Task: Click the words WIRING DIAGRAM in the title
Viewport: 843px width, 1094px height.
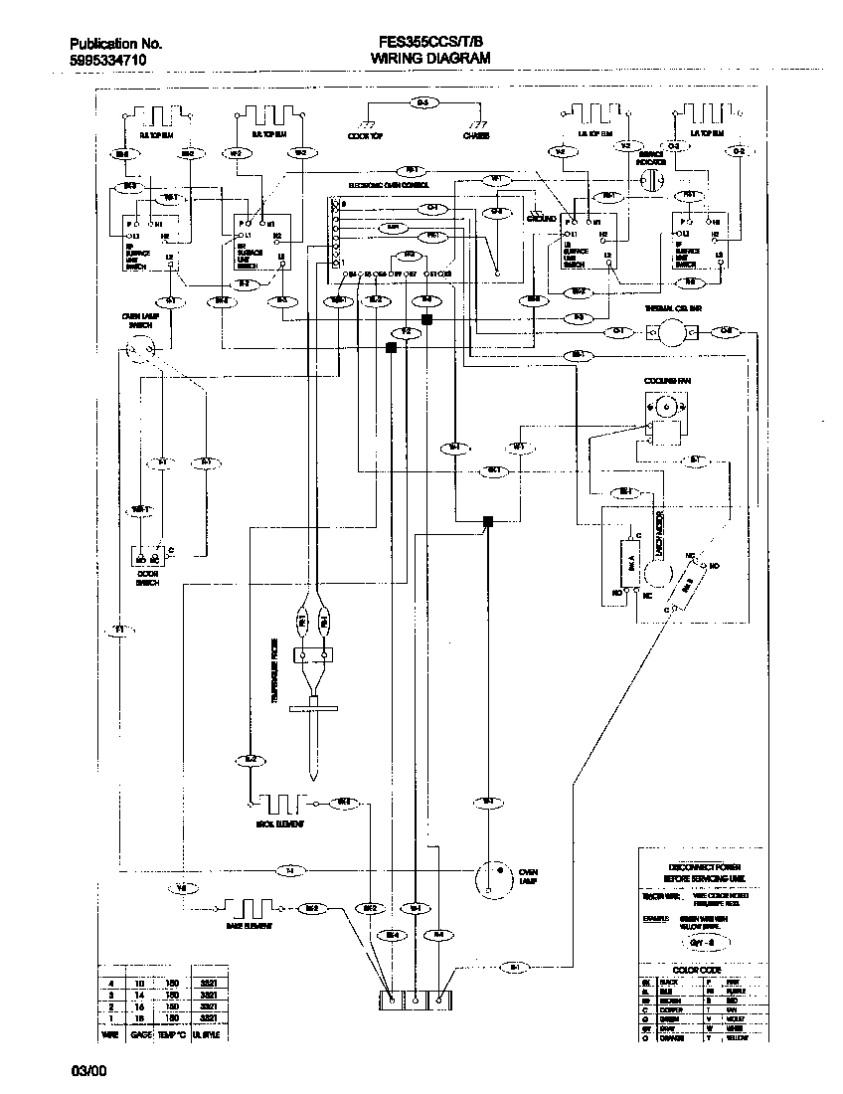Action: click(x=430, y=59)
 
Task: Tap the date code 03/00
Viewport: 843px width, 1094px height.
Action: click(x=86, y=1071)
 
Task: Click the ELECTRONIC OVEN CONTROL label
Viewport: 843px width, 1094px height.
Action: click(x=389, y=185)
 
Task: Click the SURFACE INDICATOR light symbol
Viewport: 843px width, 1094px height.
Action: click(x=651, y=179)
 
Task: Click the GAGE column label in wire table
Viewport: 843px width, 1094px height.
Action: click(x=140, y=1034)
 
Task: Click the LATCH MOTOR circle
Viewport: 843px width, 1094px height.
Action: click(x=654, y=574)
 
